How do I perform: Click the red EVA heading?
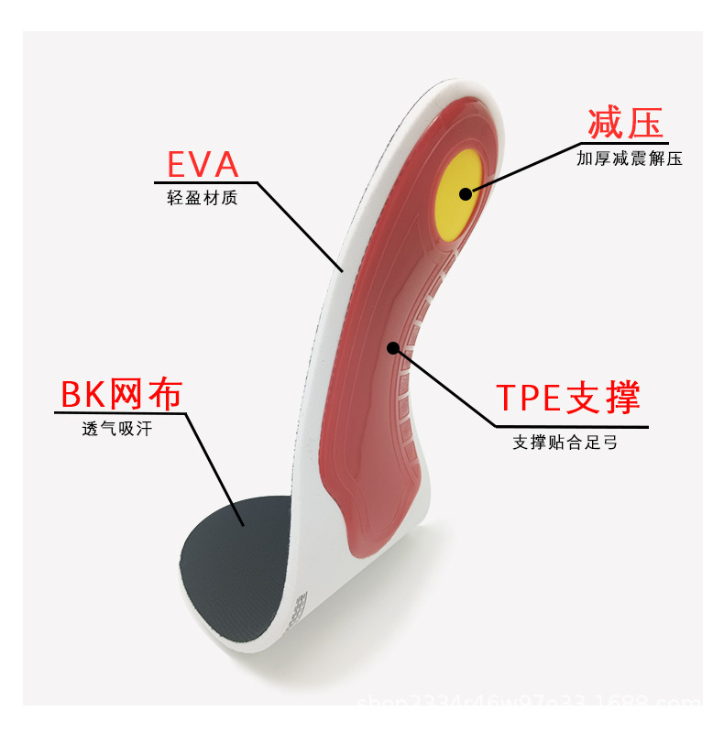pos(203,165)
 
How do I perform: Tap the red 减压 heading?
pos(625,123)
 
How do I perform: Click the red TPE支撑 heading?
pos(567,399)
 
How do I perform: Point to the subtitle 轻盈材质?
pos(203,198)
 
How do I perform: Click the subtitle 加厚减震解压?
pos(630,159)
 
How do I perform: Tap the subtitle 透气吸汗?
pos(117,428)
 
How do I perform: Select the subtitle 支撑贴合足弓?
pos(565,443)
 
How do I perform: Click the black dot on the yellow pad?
pos(466,193)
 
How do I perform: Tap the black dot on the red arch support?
pos(394,347)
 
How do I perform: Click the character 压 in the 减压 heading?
pos(644,123)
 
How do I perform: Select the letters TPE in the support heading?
pos(531,399)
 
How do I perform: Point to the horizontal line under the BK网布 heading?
pos(119,413)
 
